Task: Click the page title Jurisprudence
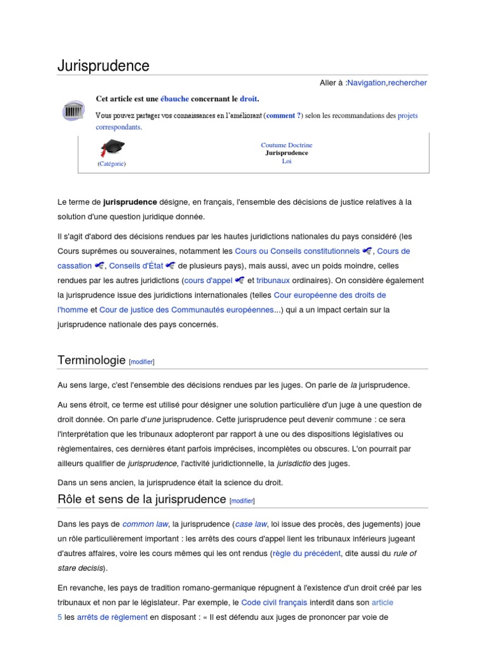click(x=104, y=66)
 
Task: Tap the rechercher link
click(x=407, y=83)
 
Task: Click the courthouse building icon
click(x=74, y=111)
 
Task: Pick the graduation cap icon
click(x=112, y=148)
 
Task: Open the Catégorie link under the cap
click(x=112, y=164)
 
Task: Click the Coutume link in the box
click(x=273, y=145)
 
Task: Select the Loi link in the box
click(x=287, y=160)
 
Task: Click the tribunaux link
click(x=273, y=281)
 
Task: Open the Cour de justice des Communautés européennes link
click(x=186, y=310)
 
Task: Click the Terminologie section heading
click(x=92, y=360)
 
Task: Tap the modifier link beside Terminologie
click(x=141, y=362)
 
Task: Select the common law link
click(x=145, y=524)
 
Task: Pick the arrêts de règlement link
click(x=112, y=617)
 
